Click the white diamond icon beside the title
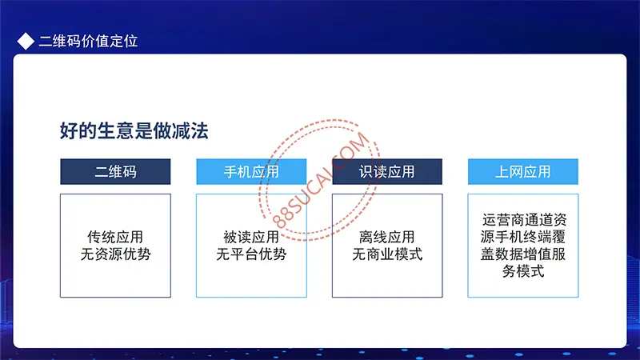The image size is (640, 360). pos(26,42)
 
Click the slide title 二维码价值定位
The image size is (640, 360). pos(88,42)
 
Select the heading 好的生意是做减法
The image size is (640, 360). pos(134,130)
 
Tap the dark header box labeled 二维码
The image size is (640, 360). pos(115,171)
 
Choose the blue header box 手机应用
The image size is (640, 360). pos(251,171)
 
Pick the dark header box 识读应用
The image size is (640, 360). pos(387,171)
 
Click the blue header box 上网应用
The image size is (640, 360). pos(523,171)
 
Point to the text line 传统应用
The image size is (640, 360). pos(115,237)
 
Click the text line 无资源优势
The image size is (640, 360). pos(115,254)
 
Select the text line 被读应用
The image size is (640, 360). pos(251,237)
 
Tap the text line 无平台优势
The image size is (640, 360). pos(251,254)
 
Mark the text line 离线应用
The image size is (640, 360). pos(387,237)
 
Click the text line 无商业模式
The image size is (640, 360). pos(387,254)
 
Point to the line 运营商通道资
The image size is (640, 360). pos(525,220)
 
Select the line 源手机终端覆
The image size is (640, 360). pos(523,237)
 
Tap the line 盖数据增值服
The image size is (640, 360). pos(523,254)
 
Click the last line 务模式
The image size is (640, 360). pos(523,271)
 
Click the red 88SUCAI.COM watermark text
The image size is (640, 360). pos(321,180)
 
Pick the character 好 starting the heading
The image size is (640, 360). pos(69,130)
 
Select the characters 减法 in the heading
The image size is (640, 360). pos(190,130)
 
